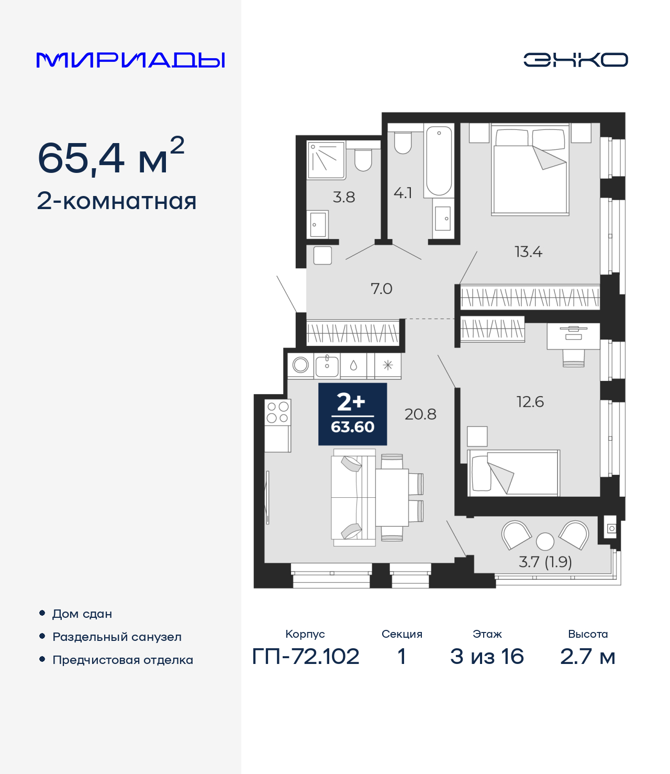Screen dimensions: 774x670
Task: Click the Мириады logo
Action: coord(130,60)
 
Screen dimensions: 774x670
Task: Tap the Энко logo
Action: coord(575,60)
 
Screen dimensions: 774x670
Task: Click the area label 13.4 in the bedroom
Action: coord(528,252)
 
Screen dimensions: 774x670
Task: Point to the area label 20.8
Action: coord(420,415)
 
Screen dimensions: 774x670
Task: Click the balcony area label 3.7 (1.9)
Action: coord(545,562)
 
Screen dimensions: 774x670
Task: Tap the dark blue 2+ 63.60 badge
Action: coord(352,414)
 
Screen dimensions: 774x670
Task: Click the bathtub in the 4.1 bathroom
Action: coord(439,160)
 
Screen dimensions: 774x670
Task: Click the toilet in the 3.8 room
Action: coord(363,159)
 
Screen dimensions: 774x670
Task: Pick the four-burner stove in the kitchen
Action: coord(277,412)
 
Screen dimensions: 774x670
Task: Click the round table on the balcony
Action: coord(545,541)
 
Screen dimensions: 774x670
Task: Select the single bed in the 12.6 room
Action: coord(513,473)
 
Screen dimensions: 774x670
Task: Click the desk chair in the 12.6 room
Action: coord(573,357)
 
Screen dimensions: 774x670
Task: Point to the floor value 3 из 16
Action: coord(487,656)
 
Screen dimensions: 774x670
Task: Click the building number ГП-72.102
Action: coord(306,656)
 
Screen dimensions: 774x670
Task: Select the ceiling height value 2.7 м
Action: coord(587,656)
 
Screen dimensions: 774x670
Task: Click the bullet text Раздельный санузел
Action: coord(117,637)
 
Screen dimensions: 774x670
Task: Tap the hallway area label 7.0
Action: coord(381,289)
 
